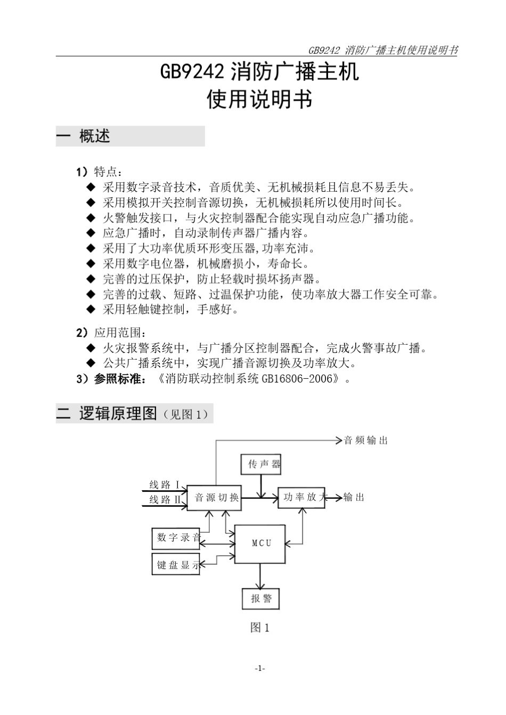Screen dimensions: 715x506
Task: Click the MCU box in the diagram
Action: (x=260, y=543)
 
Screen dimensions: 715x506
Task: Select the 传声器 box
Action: (x=260, y=465)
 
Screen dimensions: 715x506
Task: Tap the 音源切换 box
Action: (x=214, y=498)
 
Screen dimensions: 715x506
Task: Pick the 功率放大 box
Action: (x=301, y=497)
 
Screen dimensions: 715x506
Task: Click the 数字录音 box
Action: (x=176, y=538)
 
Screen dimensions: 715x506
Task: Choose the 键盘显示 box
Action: (x=176, y=565)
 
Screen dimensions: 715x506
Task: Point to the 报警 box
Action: (x=261, y=599)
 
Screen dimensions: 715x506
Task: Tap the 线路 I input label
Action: (x=164, y=485)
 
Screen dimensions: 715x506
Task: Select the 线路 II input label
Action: (x=165, y=500)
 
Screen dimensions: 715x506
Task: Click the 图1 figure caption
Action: (x=260, y=628)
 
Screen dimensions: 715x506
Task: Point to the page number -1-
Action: (x=260, y=668)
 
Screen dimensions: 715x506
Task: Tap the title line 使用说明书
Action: (x=259, y=100)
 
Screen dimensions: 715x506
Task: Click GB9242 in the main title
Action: (x=194, y=71)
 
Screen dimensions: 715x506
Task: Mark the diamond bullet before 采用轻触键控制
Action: (x=91, y=310)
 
